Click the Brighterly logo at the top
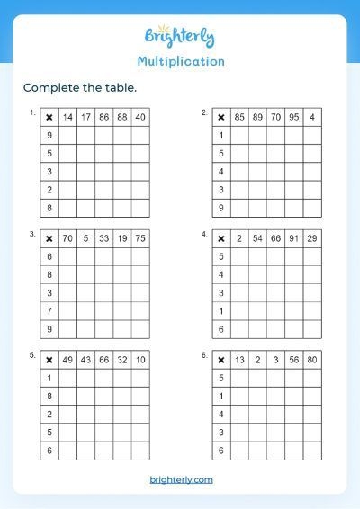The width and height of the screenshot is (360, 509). [x=181, y=38]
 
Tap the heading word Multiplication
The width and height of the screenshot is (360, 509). [x=181, y=62]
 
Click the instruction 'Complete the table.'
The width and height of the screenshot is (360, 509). [x=79, y=87]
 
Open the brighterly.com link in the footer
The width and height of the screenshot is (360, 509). [x=181, y=480]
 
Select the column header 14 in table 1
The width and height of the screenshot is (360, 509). [x=67, y=117]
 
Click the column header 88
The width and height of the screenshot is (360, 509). [x=122, y=117]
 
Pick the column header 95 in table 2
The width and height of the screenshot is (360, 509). [x=293, y=117]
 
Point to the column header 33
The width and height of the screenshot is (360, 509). [x=103, y=238]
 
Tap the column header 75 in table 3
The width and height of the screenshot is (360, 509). [x=140, y=238]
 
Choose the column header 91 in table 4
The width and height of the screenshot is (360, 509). [x=293, y=238]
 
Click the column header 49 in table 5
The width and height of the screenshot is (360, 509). [x=67, y=360]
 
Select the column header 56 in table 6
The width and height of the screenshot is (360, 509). [x=293, y=360]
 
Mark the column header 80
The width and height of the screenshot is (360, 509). [x=311, y=360]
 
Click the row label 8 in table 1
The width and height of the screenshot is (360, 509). [x=49, y=208]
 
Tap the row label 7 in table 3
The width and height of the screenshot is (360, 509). [x=49, y=311]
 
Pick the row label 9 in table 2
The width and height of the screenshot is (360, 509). [x=220, y=208]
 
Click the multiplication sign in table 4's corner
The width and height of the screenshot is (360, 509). [x=220, y=238]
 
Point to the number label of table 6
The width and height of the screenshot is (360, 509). [x=204, y=356]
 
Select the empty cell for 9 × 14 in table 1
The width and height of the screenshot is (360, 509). [x=67, y=136]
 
